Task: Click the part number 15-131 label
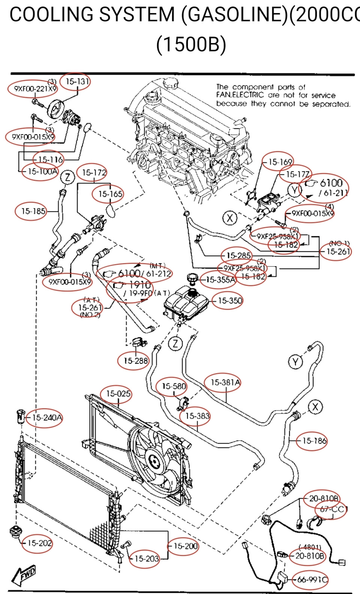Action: (x=77, y=81)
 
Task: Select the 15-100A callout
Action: (x=42, y=172)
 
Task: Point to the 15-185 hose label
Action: (x=33, y=211)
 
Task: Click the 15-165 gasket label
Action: (x=110, y=194)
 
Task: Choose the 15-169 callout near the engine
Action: (x=280, y=162)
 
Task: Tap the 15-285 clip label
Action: (x=238, y=255)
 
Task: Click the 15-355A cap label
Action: (x=220, y=280)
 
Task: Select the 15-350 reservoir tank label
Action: (x=230, y=300)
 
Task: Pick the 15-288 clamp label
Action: (x=136, y=361)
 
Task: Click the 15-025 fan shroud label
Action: (x=118, y=393)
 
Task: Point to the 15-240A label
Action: (x=47, y=417)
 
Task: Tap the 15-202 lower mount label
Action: (x=39, y=543)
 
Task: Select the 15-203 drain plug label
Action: (x=146, y=558)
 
